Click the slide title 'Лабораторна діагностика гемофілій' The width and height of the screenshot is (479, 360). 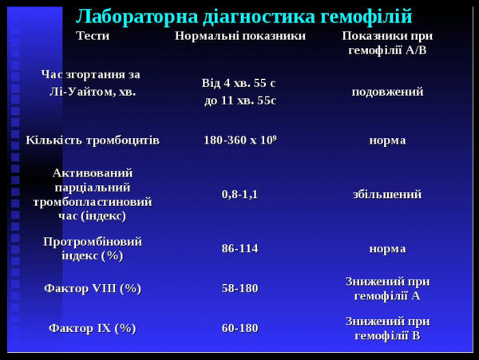coord(243,15)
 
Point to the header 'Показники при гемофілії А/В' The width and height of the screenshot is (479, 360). coord(387,43)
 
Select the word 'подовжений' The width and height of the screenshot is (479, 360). coord(387,92)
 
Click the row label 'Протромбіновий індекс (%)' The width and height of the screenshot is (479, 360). coord(93,248)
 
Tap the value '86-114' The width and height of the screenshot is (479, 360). coord(239,248)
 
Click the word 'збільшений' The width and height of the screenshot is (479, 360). coord(387,194)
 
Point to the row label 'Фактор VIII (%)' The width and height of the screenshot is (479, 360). coord(93,288)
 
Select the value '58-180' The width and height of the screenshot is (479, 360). coord(239,288)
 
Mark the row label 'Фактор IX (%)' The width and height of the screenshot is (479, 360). coord(93,328)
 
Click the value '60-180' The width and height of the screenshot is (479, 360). coord(239,328)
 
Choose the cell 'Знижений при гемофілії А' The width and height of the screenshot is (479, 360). coord(387,288)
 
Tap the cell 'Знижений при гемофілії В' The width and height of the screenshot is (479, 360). coord(387,328)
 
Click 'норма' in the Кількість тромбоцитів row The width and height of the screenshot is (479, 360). coord(387,140)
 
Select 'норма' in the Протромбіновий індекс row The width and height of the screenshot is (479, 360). coord(387,248)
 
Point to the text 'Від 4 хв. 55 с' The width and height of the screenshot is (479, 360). coord(239,83)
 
